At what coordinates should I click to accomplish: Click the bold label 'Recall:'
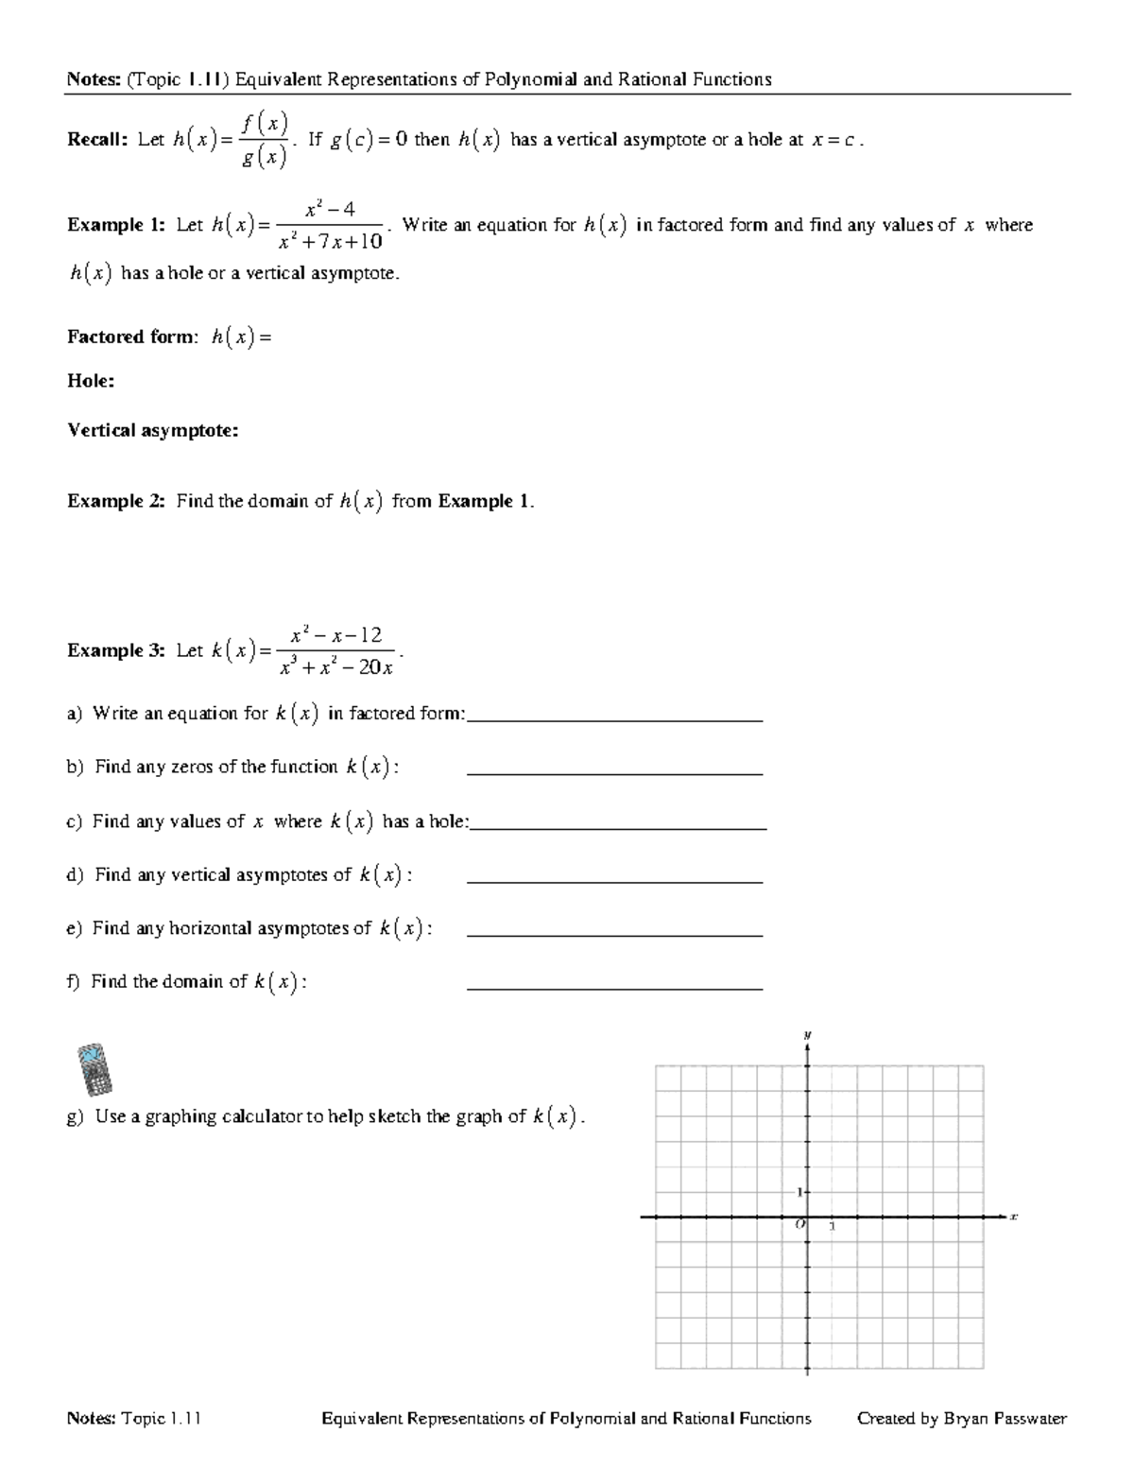pos(96,140)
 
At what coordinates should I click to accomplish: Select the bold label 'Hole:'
pos(91,381)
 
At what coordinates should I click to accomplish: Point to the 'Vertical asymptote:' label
pos(152,431)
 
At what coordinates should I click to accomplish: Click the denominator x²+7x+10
pos(331,242)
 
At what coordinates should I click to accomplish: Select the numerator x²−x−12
pos(335,634)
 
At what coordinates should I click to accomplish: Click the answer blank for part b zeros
pos(614,772)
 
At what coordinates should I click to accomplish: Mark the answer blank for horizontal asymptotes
pos(614,934)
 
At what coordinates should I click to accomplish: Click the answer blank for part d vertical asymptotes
pos(614,880)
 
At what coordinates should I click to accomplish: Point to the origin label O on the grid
pos(799,1224)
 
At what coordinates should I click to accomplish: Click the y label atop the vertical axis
pos(807,1034)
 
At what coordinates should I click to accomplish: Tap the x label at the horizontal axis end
pos(1012,1217)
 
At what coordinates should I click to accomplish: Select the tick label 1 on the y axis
pos(798,1191)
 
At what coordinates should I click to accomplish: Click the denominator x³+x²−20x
pos(336,667)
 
